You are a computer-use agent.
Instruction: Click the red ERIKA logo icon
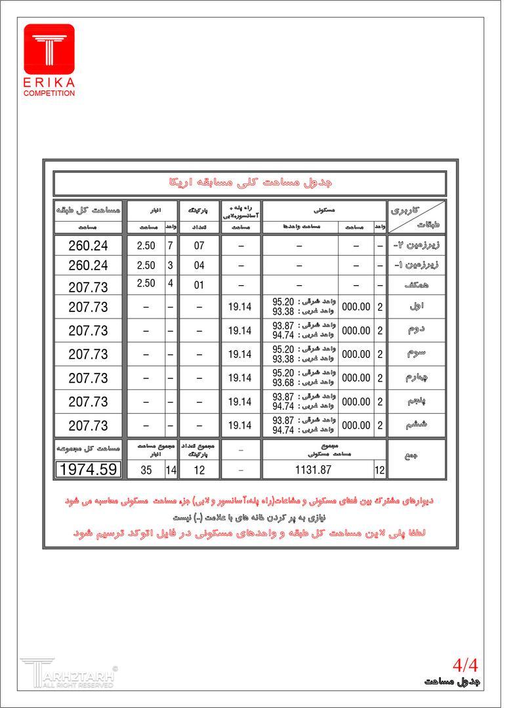pyautogui.click(x=49, y=49)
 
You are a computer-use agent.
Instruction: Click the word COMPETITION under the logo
pyautogui.click(x=49, y=94)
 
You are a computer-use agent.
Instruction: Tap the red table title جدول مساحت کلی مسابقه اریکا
pyautogui.click(x=250, y=183)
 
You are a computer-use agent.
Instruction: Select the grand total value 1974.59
pyautogui.click(x=89, y=469)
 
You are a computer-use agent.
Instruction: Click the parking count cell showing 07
pyautogui.click(x=199, y=246)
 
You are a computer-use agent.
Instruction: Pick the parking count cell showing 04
pyautogui.click(x=199, y=266)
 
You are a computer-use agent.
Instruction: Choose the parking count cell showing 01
pyautogui.click(x=199, y=285)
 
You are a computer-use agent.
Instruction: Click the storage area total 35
pyautogui.click(x=146, y=469)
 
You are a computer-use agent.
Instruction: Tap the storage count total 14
pyautogui.click(x=171, y=469)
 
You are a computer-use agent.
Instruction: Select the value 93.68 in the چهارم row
pyautogui.click(x=283, y=383)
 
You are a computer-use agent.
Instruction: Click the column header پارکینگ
pyautogui.click(x=199, y=211)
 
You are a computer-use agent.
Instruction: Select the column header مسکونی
pyautogui.click(x=323, y=210)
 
